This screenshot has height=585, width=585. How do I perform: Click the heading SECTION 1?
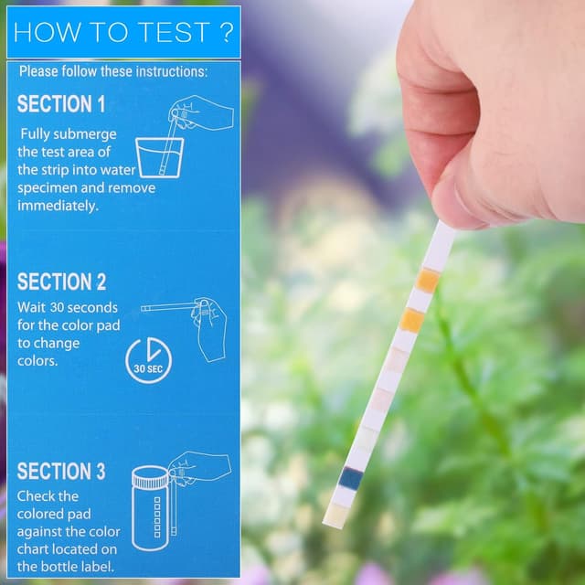tap(61, 104)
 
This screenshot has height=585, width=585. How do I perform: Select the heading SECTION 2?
tap(61, 282)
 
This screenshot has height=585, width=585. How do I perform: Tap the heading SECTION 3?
tap(61, 472)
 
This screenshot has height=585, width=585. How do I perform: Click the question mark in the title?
tap(225, 32)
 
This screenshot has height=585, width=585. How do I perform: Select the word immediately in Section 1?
tap(57, 206)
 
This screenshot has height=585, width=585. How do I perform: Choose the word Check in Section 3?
tap(37, 496)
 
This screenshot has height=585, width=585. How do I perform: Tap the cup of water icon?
tap(159, 157)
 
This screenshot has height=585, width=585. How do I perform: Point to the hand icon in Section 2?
tap(208, 327)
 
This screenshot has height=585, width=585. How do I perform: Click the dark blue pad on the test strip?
tap(350, 477)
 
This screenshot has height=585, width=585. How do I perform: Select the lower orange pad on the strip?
tap(412, 320)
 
